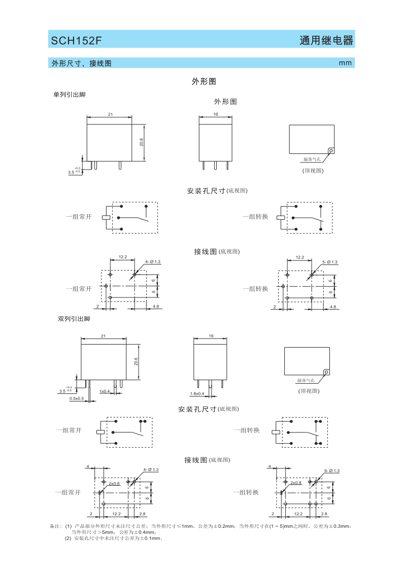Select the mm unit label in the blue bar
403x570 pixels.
point(345,63)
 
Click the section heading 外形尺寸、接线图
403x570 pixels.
point(81,63)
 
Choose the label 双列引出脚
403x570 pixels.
point(74,319)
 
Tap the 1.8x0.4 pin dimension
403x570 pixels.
point(197,394)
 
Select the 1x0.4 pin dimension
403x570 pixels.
point(105,391)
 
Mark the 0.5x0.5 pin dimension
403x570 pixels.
point(77,399)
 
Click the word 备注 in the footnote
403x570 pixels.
point(55,526)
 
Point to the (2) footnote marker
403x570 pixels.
point(68,538)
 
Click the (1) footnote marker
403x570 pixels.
point(68,526)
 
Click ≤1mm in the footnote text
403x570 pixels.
point(187,526)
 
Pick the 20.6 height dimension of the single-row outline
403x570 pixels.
point(142,142)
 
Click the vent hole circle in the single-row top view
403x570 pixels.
point(330,151)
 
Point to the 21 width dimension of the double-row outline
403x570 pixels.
point(104,336)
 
